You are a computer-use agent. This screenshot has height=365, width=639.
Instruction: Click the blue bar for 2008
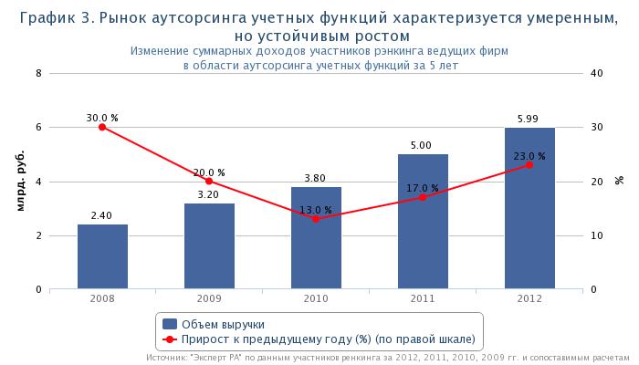(x=102, y=256)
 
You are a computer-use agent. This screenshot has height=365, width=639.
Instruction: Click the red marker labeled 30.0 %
(x=102, y=127)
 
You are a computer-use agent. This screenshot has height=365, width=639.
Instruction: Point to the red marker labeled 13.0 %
(x=316, y=219)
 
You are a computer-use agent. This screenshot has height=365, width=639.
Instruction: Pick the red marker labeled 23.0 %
(x=529, y=164)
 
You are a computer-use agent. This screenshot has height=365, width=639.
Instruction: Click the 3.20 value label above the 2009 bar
(x=209, y=194)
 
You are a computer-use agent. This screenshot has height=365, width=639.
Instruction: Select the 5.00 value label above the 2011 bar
(x=423, y=145)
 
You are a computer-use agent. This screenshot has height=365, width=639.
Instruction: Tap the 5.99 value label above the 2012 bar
(x=529, y=119)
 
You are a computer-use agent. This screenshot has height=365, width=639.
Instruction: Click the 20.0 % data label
(x=209, y=172)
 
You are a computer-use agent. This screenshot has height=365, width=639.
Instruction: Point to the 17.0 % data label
(x=423, y=188)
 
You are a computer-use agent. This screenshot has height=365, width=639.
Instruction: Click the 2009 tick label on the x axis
(x=209, y=299)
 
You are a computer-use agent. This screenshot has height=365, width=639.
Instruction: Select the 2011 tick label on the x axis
(x=423, y=299)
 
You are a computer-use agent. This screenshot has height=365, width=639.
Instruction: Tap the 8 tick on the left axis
(x=38, y=73)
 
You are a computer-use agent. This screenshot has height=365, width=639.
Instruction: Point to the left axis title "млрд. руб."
(x=20, y=182)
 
